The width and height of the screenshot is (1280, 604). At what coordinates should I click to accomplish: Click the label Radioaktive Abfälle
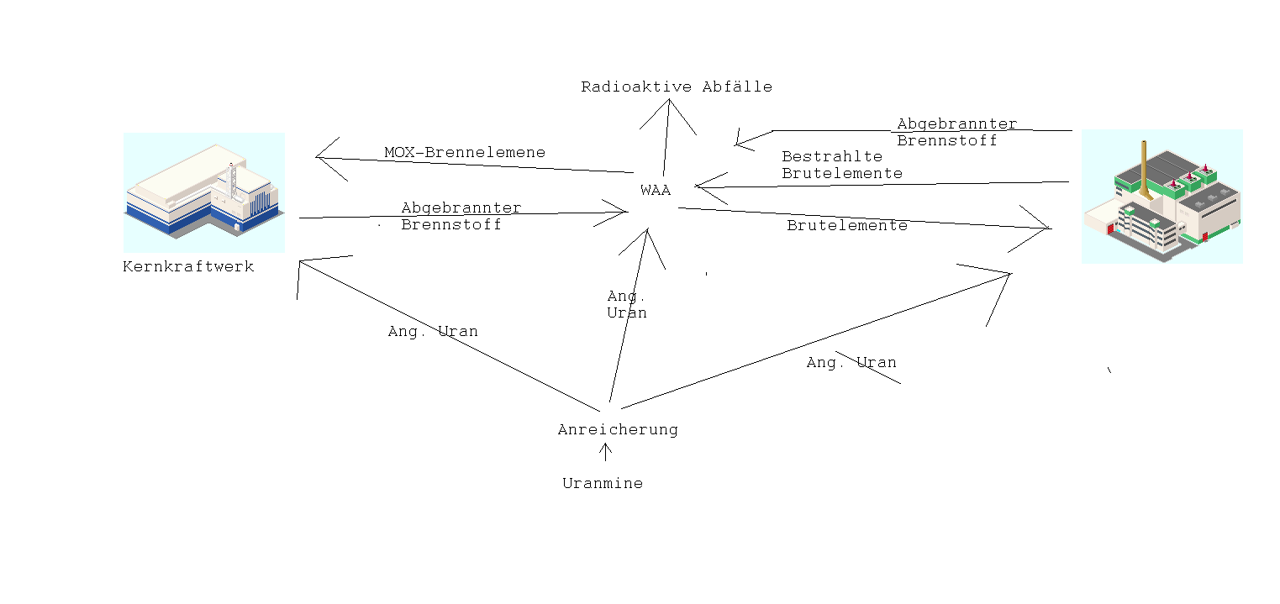point(676,87)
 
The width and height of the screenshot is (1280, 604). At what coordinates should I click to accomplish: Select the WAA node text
point(656,191)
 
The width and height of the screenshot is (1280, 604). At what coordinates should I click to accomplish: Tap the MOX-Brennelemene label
point(465,153)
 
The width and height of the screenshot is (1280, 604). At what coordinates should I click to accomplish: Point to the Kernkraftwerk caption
point(188,267)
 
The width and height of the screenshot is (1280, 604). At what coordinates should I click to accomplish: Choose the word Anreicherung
point(618,430)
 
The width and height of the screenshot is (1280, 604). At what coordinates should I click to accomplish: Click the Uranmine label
point(603,484)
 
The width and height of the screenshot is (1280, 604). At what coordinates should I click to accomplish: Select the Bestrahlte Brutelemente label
point(841,165)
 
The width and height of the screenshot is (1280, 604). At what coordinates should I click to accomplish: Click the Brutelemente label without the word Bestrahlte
point(847,226)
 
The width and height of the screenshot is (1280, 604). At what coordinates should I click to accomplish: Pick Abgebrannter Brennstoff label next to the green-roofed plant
point(956,133)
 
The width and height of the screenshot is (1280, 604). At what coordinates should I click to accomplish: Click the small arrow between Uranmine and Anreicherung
point(604,452)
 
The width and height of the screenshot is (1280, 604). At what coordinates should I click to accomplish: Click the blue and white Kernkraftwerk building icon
point(203,193)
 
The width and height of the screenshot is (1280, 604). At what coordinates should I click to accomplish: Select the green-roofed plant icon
point(1161,197)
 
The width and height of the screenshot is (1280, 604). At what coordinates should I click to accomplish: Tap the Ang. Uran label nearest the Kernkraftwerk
point(433,332)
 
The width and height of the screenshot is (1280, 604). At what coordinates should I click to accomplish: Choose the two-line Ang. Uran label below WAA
point(627,304)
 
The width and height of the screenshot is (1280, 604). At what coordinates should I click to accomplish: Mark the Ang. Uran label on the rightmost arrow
point(851,363)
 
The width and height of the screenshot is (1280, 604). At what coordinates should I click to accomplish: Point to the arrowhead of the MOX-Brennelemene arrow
point(319,156)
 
